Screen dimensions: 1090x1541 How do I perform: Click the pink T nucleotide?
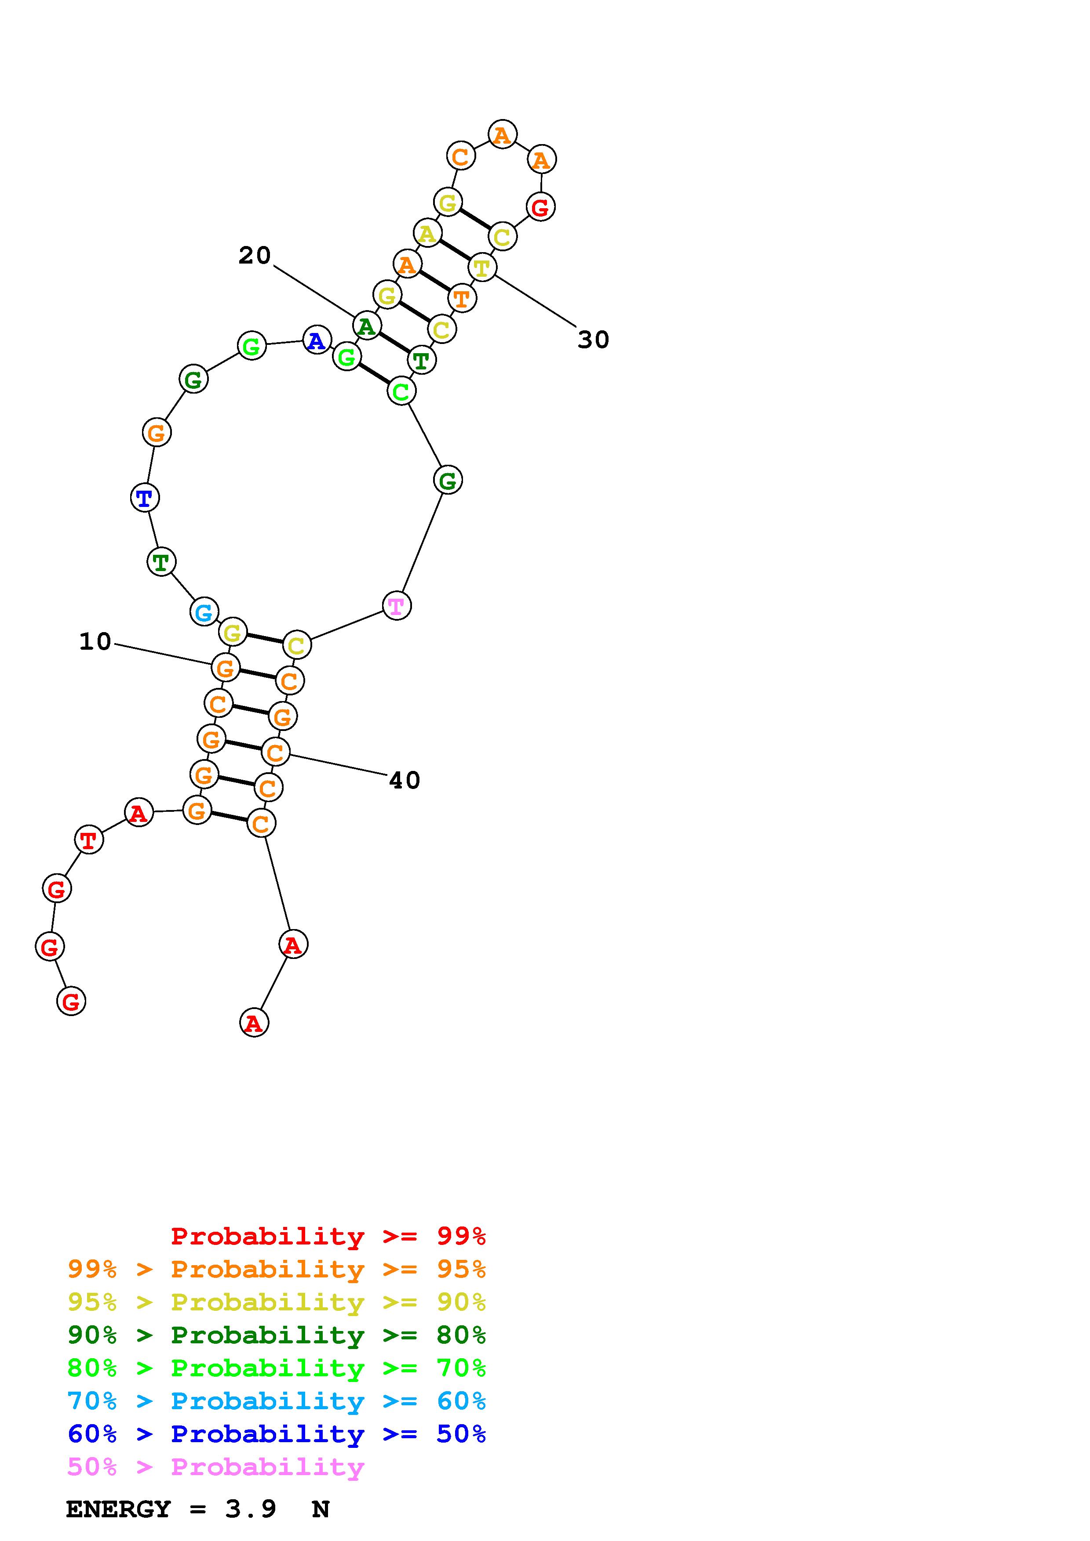coord(396,606)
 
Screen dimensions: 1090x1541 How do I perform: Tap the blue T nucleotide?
coord(144,498)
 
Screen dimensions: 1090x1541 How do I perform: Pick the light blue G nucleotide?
coord(204,612)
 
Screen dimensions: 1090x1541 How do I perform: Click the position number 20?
coord(255,256)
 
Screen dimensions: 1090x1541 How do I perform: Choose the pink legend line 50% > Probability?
coord(215,1467)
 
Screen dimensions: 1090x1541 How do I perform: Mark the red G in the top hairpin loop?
coord(541,207)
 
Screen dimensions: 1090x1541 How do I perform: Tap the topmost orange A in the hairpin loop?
coord(502,135)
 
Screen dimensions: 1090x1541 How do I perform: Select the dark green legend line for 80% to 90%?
coord(276,1335)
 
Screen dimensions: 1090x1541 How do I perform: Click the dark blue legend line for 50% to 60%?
coord(276,1434)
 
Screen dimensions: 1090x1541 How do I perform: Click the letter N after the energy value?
coord(321,1509)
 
